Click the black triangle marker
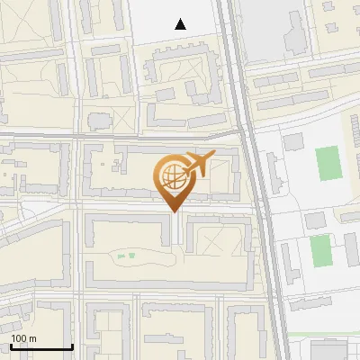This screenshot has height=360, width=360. (x=181, y=24)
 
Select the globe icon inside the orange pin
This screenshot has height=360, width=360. (x=171, y=175)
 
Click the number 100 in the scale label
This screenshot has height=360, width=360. (x=19, y=338)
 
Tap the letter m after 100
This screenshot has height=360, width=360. (x=32, y=338)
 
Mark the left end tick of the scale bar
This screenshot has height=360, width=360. (x=10, y=346)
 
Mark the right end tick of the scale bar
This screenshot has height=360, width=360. (x=72, y=346)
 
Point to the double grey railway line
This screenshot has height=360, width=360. (x=255, y=180)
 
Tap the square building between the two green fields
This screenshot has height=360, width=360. (x=314, y=220)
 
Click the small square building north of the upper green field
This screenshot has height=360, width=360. (x=293, y=142)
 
